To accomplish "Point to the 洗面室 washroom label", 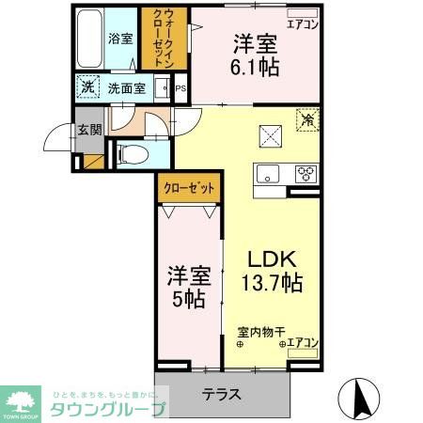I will pos(124,89).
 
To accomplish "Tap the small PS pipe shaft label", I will pos(180,90).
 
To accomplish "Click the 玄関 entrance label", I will pos(90,131).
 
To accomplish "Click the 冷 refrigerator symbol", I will pos(308,119).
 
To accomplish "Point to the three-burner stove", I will pos(305,172).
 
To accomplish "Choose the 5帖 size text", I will pos(187,298).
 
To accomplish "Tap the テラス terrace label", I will pos(222,395).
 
